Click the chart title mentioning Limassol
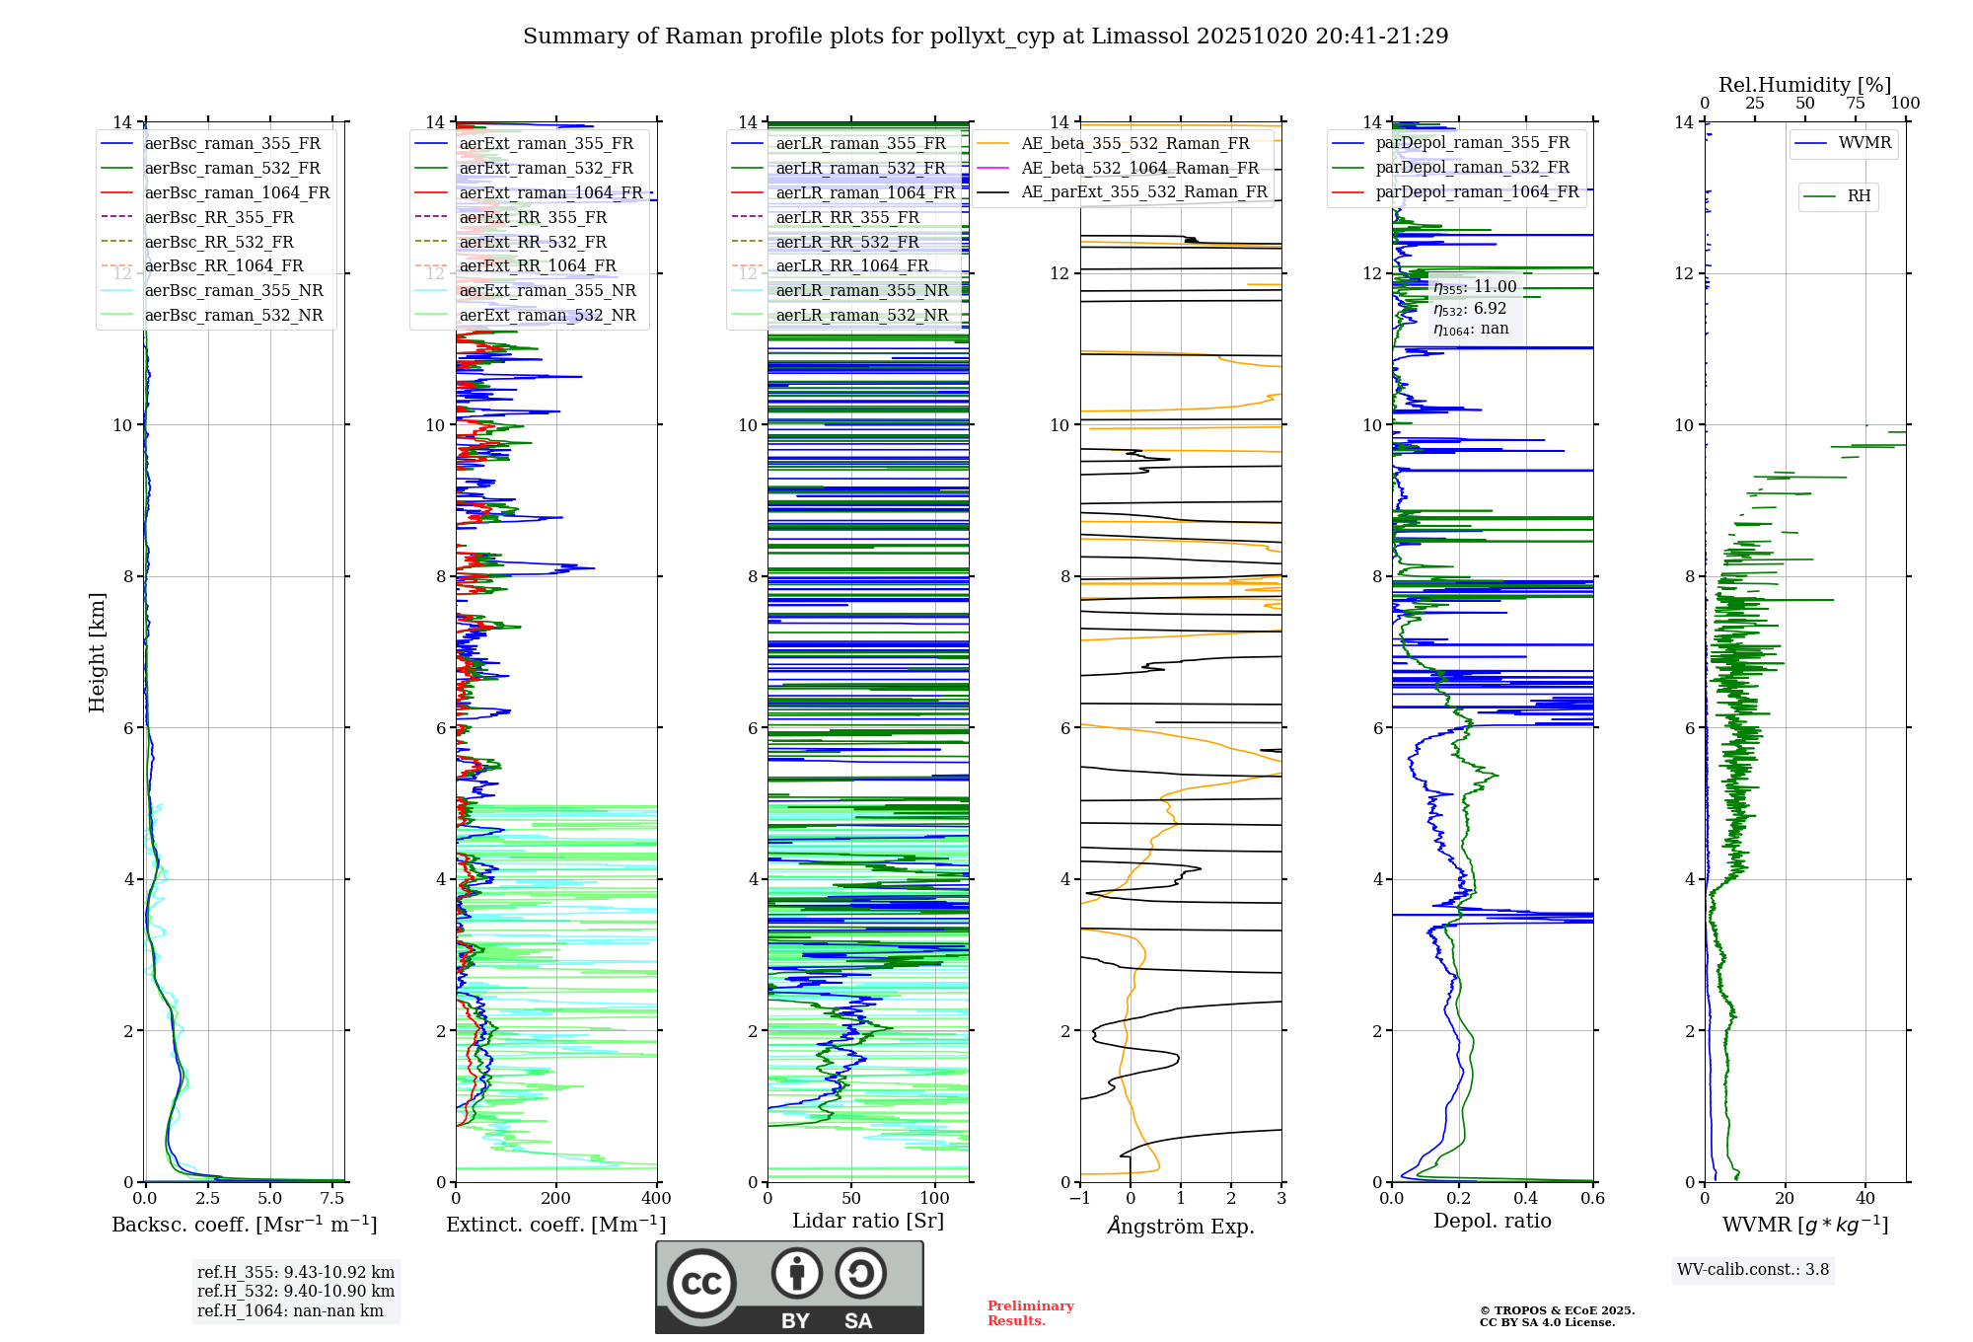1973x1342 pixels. click(986, 37)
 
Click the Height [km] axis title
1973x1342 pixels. click(97, 651)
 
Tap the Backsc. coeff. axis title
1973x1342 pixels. click(244, 1225)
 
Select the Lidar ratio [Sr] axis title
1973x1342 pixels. click(868, 1221)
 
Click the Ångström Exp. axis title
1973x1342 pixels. click(1181, 1226)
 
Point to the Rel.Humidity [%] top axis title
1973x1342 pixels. click(1804, 85)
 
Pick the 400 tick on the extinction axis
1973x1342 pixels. click(656, 1198)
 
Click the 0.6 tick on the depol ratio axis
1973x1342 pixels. click(1592, 1198)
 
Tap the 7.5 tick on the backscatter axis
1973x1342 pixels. click(332, 1198)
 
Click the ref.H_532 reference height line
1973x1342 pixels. click(295, 1291)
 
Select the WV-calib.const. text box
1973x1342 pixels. click(1753, 1269)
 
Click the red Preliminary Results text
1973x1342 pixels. click(1030, 1312)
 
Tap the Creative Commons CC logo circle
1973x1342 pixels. click(701, 1284)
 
